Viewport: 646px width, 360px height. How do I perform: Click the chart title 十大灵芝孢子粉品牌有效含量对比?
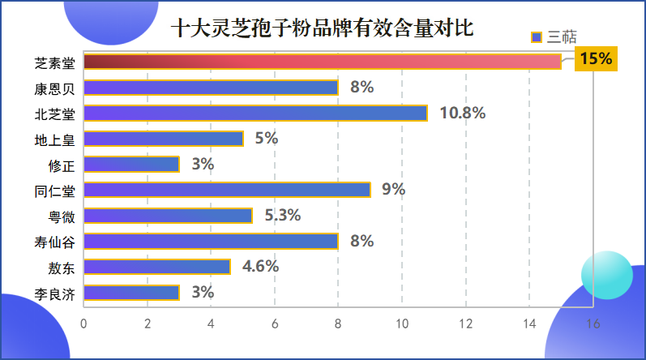(x=322, y=29)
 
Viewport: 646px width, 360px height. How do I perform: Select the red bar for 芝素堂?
(x=322, y=62)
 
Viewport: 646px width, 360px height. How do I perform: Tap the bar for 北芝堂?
(x=255, y=114)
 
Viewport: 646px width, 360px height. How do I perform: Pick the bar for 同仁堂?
(x=227, y=190)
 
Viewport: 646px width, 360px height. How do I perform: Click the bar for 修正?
(x=131, y=165)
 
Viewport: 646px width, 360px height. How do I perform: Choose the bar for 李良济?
(x=131, y=293)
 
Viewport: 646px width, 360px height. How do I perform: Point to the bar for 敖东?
(x=157, y=267)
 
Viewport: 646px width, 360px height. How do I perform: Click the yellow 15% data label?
(x=596, y=58)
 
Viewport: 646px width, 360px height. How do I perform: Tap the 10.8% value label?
(x=462, y=114)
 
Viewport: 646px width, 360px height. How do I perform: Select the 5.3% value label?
(x=282, y=216)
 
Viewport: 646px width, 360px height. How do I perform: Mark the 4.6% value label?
(x=260, y=267)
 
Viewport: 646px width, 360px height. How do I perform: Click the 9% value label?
(x=394, y=190)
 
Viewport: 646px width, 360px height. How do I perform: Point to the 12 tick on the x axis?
(x=465, y=323)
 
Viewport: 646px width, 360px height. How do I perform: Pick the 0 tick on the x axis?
(x=83, y=323)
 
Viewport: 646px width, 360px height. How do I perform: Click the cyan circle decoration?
(x=606, y=274)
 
